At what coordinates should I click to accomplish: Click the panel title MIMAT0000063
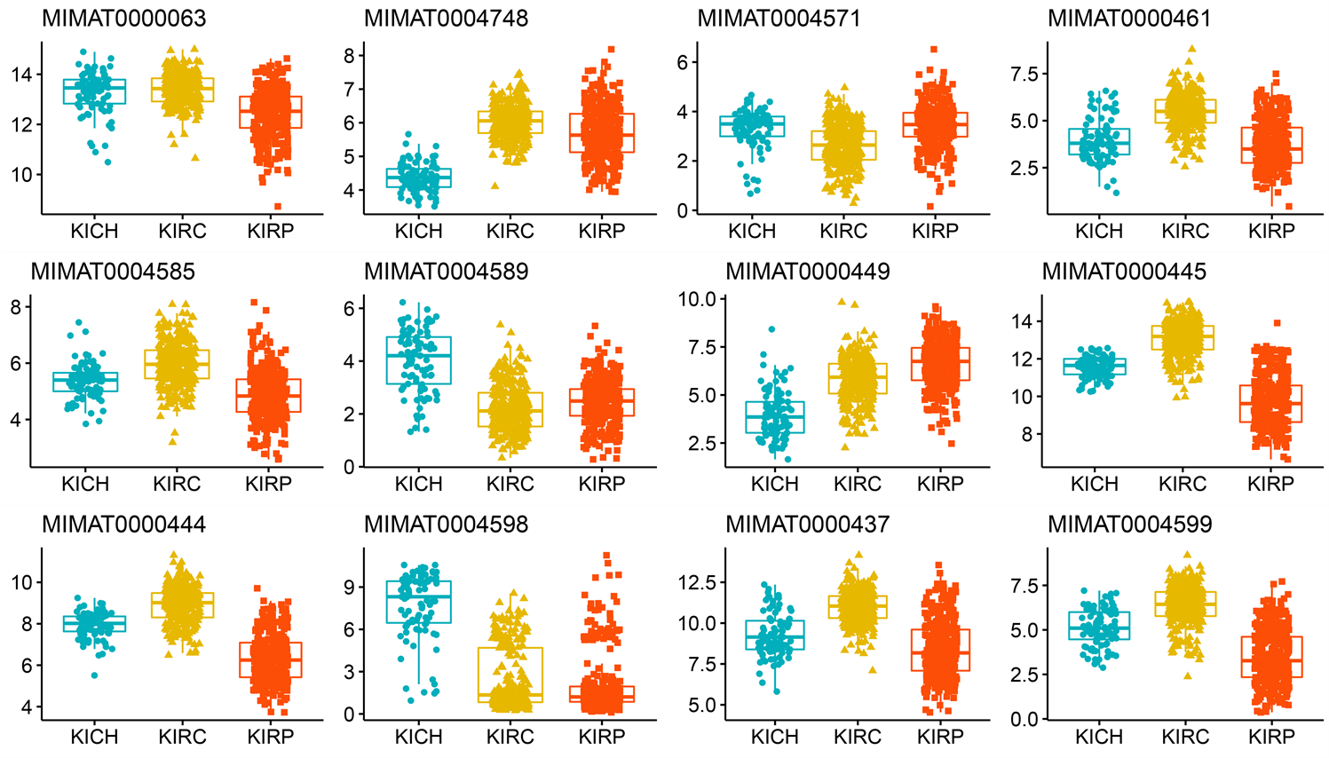124,18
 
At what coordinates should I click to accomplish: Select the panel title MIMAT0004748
447,18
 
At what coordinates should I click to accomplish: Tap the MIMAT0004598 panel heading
447,525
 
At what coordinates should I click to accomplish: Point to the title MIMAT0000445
1124,272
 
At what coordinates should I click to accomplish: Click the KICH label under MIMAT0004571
752,232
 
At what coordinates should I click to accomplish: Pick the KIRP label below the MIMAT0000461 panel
1271,232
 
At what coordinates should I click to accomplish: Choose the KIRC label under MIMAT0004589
510,485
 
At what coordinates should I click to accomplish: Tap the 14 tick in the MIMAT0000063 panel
21,75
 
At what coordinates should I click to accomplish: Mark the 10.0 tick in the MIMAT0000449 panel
697,299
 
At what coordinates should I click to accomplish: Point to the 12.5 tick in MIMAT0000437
697,582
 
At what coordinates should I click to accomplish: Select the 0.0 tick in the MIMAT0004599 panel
1023,719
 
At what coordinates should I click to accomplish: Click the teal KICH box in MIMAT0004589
419,359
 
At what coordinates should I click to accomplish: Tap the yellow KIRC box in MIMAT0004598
510,675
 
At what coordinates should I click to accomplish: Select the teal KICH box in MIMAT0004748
419,178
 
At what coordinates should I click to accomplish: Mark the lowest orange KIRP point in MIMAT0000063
278,207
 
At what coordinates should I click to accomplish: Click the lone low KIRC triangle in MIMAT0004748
494,186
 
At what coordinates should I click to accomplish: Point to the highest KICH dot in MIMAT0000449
771,330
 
